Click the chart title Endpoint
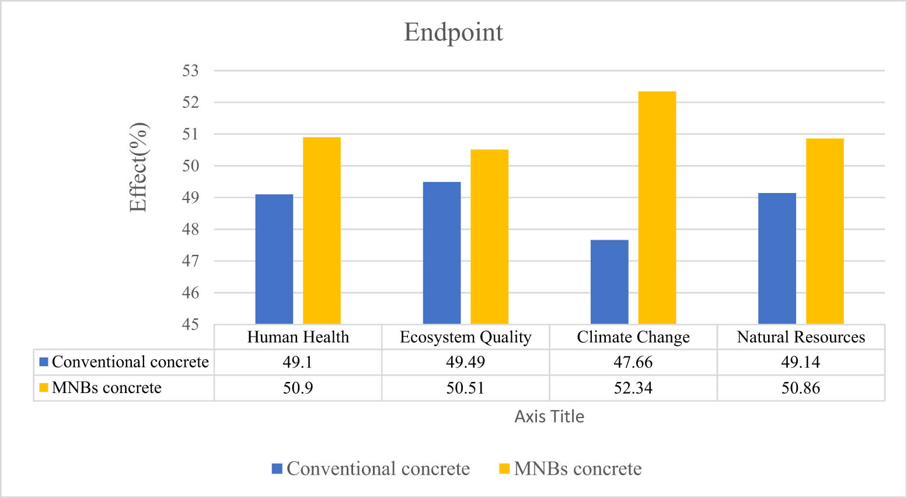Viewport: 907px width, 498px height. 453,33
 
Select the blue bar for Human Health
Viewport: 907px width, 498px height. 274,259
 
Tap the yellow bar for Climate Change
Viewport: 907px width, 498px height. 657,208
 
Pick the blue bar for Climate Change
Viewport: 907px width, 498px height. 609,282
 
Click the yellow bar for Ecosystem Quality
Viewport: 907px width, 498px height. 489,237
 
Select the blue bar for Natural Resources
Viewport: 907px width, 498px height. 777,258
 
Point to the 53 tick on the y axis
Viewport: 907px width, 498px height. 191,71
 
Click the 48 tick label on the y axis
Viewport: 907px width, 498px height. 191,230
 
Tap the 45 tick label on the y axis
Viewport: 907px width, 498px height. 191,325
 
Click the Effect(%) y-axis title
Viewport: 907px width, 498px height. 139,167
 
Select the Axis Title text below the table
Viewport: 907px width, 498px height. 549,416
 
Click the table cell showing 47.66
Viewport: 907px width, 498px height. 633,363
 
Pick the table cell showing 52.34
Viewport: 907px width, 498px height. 633,388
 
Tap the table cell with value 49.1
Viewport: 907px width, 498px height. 298,363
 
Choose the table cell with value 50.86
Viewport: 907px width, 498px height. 800,388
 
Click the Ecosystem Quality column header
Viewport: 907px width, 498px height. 465,337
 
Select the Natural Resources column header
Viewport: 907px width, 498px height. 800,337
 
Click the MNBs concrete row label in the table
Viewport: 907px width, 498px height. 106,388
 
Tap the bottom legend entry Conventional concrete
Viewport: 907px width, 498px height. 378,469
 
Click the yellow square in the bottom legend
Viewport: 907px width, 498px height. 504,469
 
